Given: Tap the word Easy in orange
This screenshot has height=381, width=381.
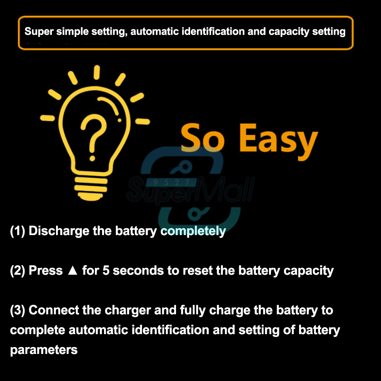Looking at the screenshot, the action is tap(279, 141).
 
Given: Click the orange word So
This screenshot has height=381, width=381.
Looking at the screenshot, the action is tap(202, 138).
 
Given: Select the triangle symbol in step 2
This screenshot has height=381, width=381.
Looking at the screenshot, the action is tap(72, 271).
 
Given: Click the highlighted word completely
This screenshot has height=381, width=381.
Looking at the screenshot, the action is tap(193, 231).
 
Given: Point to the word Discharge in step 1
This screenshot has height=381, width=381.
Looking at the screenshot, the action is tap(59, 231).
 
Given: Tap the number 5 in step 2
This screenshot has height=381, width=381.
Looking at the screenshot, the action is tap(106, 271).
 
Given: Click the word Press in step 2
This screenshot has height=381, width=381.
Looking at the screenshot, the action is tap(45, 271).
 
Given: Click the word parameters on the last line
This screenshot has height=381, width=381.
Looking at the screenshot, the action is tap(44, 350).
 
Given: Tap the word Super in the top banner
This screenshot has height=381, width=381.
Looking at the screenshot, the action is tap(39, 32).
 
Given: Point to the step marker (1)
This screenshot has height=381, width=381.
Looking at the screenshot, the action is tap(18, 231).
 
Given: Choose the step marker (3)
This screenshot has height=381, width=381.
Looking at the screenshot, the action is tap(18, 310).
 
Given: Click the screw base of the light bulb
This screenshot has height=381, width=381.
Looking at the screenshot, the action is tap(91, 188).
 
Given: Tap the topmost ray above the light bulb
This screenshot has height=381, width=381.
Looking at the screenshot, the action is tap(97, 72).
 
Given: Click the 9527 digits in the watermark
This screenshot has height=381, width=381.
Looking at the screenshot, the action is tap(171, 182).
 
